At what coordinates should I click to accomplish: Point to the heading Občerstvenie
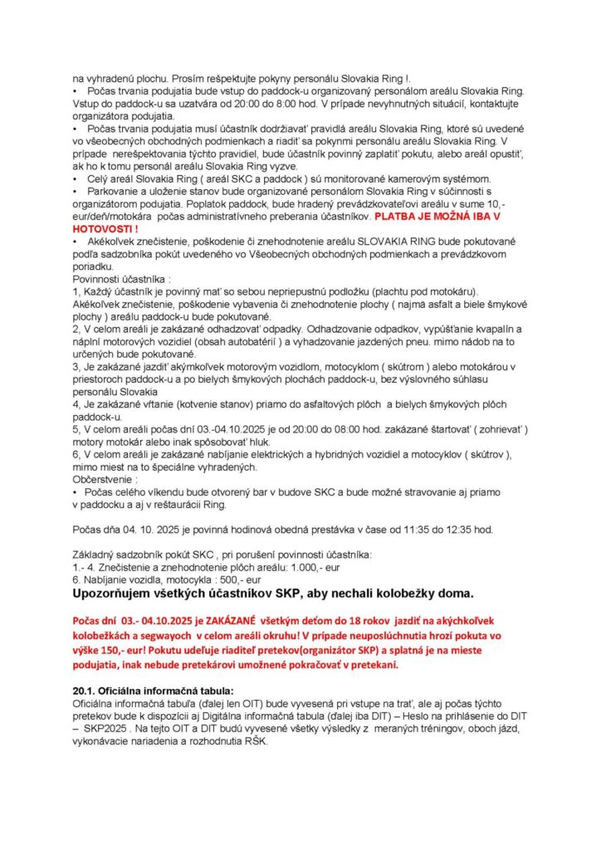click(x=105, y=480)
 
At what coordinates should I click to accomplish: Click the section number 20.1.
click(x=84, y=691)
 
